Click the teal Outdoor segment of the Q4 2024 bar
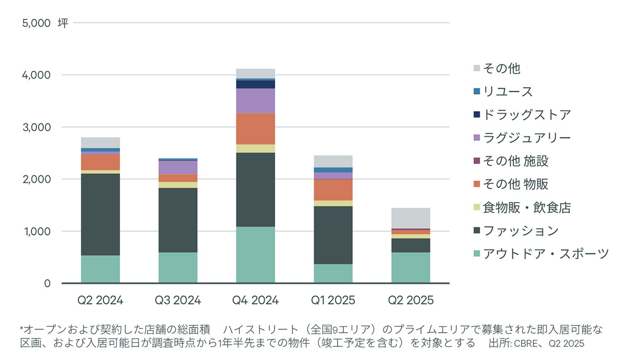coord(255,255)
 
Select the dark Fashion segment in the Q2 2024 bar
coord(100,215)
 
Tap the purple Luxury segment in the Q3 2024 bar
coord(178,167)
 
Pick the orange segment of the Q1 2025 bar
coord(333,189)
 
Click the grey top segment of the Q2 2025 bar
coord(411,218)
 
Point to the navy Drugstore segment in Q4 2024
coord(255,84)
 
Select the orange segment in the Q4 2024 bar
coord(255,129)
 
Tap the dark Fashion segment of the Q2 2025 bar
coord(411,246)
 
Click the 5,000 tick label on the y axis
coord(36,23)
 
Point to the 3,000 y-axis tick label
coord(37,128)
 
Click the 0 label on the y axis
coord(47,283)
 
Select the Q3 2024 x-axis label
coord(178,300)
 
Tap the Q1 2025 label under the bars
coord(333,300)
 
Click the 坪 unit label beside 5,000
coord(63,23)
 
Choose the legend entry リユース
coord(508,92)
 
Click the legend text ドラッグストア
coord(527,114)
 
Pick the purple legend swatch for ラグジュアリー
coord(477,137)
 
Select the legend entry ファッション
coord(521,231)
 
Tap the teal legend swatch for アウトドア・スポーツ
coord(477,253)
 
